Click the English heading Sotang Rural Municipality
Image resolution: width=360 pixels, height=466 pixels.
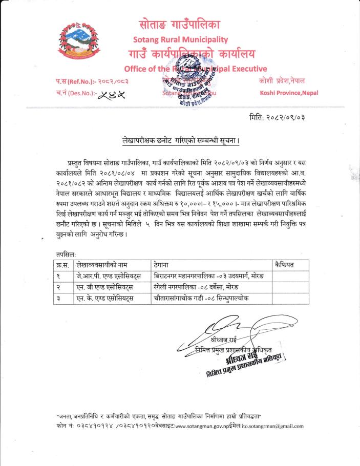180,39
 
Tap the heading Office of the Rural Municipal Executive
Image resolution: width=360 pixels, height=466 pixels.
195,69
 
